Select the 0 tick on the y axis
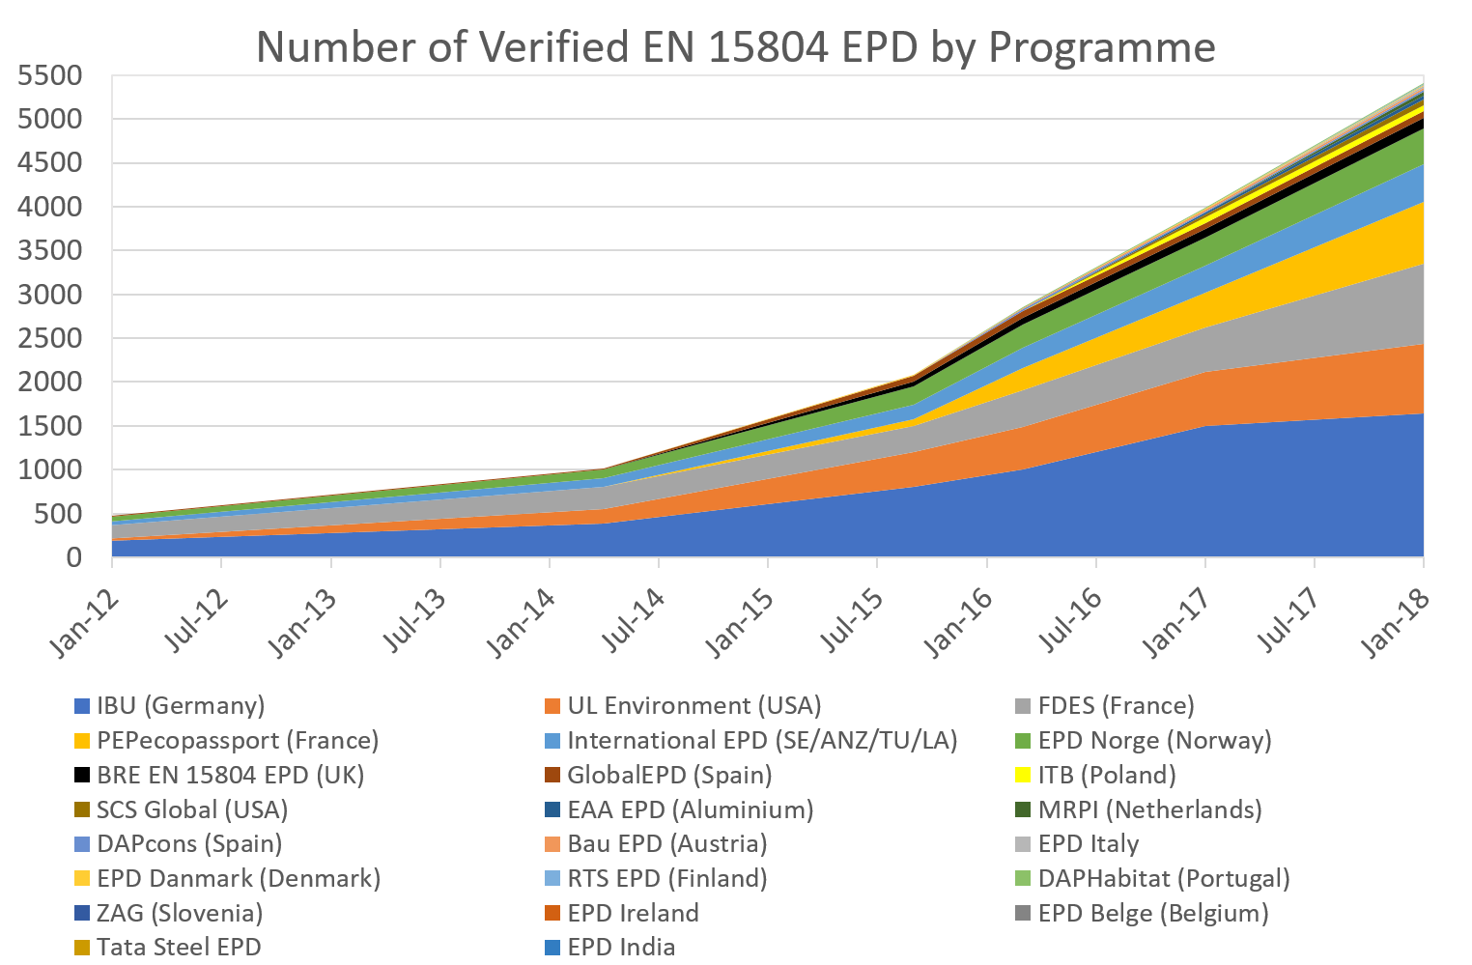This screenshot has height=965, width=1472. (x=73, y=557)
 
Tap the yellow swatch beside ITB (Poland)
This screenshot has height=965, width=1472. (x=1023, y=776)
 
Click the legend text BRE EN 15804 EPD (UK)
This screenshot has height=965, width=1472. (x=230, y=776)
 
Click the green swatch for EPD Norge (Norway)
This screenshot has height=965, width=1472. (x=1023, y=741)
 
